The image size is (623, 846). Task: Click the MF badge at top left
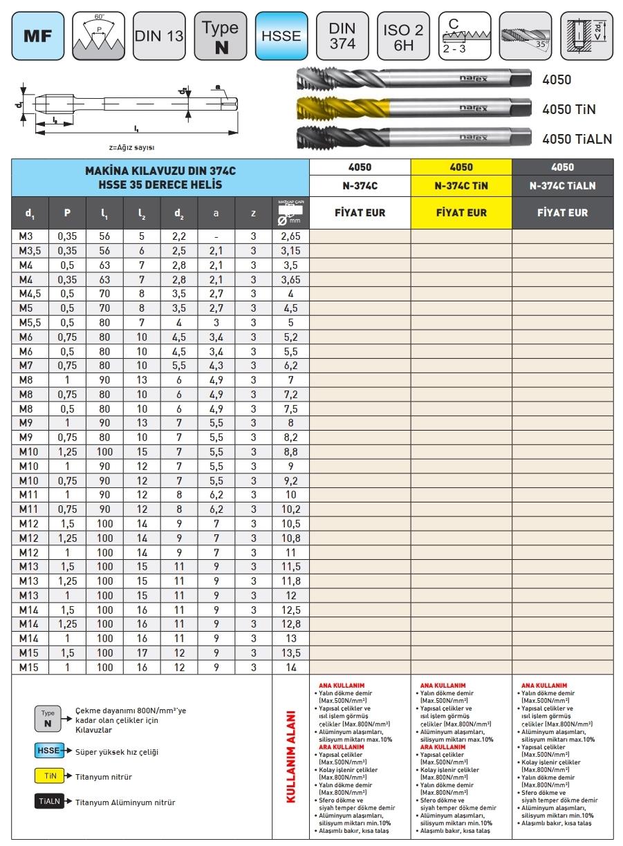pyautogui.click(x=39, y=37)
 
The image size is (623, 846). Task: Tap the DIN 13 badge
pyautogui.click(x=159, y=35)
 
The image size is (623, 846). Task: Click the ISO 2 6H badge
pyautogui.click(x=403, y=35)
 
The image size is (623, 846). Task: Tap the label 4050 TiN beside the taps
pyautogui.click(x=569, y=109)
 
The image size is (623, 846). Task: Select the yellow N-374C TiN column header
pyautogui.click(x=461, y=185)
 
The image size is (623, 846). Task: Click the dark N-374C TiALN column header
pyautogui.click(x=562, y=185)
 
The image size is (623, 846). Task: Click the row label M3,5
pyautogui.click(x=30, y=250)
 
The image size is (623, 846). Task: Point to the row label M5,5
pyautogui.click(x=30, y=322)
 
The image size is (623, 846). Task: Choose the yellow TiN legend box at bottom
pyautogui.click(x=50, y=776)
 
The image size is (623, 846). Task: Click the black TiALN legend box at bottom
pyautogui.click(x=50, y=802)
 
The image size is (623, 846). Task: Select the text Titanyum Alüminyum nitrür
pyautogui.click(x=125, y=802)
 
